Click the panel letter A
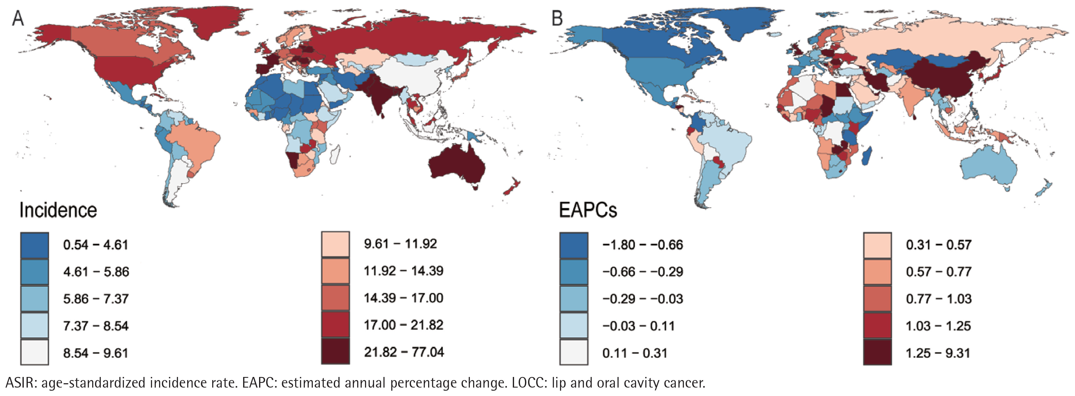click(x=18, y=18)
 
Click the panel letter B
click(x=557, y=18)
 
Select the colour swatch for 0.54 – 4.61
click(x=35, y=245)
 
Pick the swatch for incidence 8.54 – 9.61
click(x=35, y=353)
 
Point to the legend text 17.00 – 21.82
click(x=403, y=325)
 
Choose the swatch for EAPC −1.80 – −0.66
click(x=574, y=245)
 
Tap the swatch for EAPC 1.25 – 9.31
click(x=877, y=353)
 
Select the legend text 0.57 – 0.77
click(x=938, y=272)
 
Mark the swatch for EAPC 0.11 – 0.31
click(x=574, y=353)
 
